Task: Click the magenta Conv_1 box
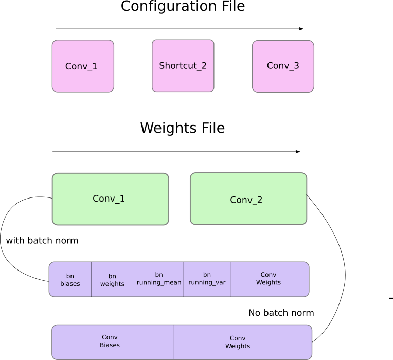83,66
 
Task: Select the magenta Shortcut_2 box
183,66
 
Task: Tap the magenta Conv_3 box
283,66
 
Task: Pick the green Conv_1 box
110,199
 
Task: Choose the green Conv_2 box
248,199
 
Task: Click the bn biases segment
70,279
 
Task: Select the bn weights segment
113,279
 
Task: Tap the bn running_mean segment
159,279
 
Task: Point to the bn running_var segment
207,279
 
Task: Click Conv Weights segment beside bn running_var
269,279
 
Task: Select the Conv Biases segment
113,342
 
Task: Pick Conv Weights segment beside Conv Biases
242,342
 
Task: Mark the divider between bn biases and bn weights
92,279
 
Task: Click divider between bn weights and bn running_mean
135,279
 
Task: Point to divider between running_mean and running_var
183,279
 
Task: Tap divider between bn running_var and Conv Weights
231,279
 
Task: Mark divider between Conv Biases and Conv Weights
174,342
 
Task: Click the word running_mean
159,283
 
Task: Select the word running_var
207,283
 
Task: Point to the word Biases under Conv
110,345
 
